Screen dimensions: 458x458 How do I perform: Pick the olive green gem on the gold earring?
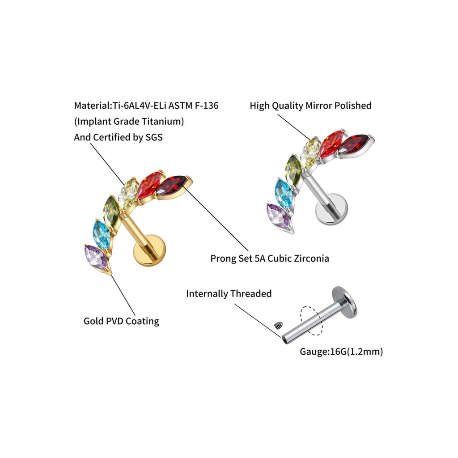click(x=112, y=212)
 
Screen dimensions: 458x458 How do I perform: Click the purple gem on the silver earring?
click(x=278, y=216)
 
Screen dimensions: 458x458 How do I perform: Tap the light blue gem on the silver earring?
click(x=283, y=193)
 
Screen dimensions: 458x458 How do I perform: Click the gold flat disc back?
click(x=149, y=250)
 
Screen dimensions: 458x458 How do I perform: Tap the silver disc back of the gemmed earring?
click(x=331, y=209)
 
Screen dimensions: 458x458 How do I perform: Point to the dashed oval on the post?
click(x=312, y=320)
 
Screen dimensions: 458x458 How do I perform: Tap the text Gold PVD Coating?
click(x=122, y=321)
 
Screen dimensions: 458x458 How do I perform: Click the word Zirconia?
click(x=311, y=258)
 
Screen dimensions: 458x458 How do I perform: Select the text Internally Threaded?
click(x=229, y=293)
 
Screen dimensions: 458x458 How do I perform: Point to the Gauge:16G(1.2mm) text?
click(x=341, y=352)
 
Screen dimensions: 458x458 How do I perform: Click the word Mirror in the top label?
click(x=318, y=106)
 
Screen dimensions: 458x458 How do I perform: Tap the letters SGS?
click(x=154, y=137)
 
